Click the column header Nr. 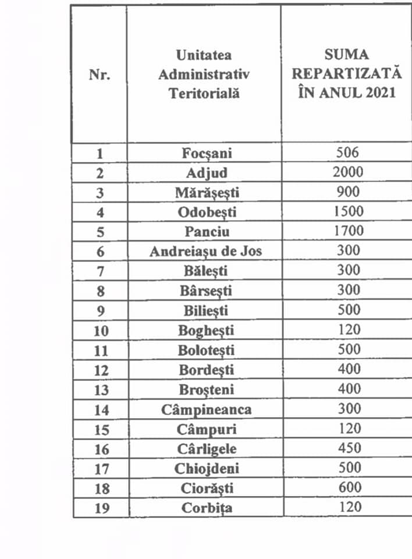point(100,75)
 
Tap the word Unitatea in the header point(204,55)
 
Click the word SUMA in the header point(347,55)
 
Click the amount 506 point(348,153)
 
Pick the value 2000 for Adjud point(348,172)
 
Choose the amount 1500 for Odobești point(348,211)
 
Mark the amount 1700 point(348,231)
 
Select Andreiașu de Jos point(205,252)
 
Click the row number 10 point(100,331)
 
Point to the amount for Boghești point(348,330)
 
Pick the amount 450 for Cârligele point(348,448)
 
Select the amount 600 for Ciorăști point(348,487)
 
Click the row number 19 point(100,508)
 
